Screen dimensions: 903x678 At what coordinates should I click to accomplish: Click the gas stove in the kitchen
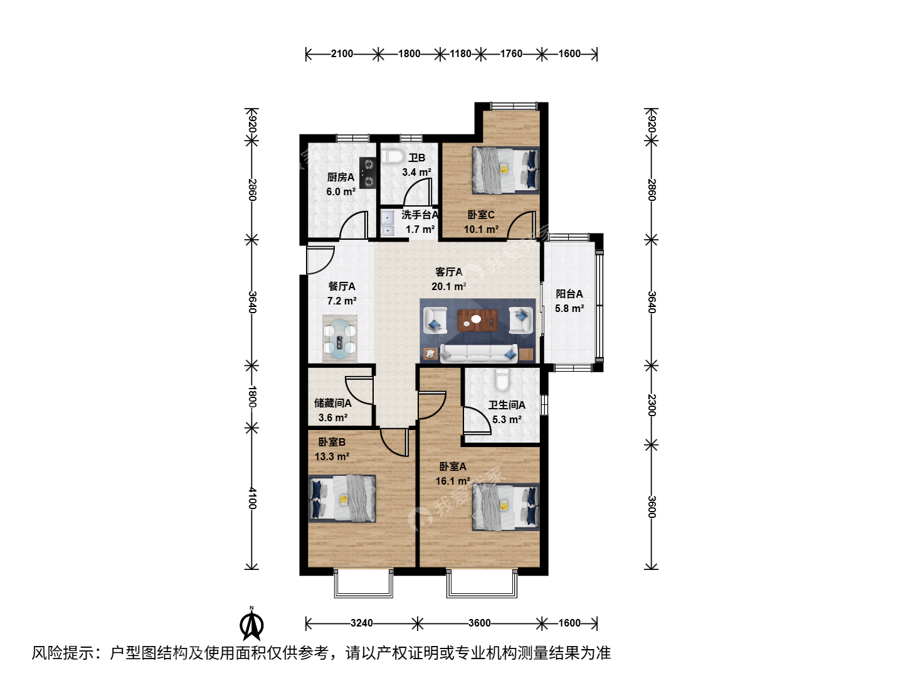click(367, 173)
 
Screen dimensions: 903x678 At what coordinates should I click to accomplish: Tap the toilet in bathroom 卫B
click(393, 156)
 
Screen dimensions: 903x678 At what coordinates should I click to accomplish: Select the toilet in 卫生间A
click(502, 380)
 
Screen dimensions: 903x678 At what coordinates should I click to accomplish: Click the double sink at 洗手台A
click(387, 223)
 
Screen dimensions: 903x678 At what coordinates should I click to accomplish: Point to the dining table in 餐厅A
click(339, 339)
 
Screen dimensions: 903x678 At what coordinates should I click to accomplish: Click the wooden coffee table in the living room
click(478, 320)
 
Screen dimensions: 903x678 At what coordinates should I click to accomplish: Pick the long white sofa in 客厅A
click(479, 353)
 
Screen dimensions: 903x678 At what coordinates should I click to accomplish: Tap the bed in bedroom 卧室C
click(505, 170)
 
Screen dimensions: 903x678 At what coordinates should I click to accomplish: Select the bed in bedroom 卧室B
click(342, 498)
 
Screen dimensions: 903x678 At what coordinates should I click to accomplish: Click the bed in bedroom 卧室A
click(505, 507)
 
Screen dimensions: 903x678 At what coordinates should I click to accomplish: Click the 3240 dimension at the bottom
click(362, 623)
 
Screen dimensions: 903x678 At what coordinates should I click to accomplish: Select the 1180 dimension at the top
click(460, 53)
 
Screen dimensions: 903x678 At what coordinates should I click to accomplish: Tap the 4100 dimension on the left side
click(252, 498)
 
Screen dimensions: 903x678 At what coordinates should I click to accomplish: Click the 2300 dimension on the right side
click(652, 405)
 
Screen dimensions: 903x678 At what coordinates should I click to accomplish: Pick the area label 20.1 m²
click(448, 286)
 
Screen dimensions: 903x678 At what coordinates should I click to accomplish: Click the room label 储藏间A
click(332, 403)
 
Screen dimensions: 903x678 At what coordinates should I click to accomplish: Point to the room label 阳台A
click(569, 294)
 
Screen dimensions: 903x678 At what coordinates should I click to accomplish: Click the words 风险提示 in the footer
click(63, 653)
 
